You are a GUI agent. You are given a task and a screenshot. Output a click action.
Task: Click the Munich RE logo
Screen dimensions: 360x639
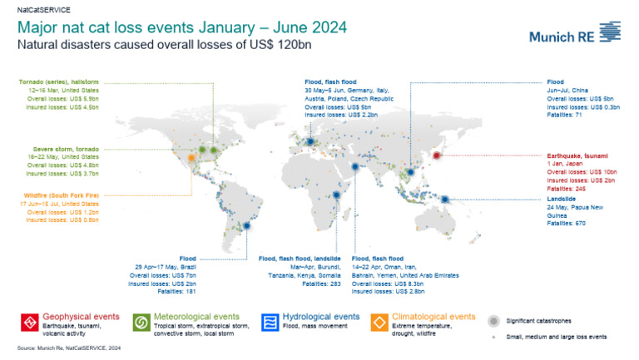575,35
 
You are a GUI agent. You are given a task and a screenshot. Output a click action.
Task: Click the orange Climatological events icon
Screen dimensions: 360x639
379,322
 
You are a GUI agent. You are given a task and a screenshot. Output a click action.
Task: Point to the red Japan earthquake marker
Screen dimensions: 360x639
438,155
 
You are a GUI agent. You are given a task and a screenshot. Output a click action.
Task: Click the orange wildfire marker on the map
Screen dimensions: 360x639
192,156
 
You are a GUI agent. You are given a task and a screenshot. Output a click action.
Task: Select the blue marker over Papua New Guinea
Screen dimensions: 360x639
446,199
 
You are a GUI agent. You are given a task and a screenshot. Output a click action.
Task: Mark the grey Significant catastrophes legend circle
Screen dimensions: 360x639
494,320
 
